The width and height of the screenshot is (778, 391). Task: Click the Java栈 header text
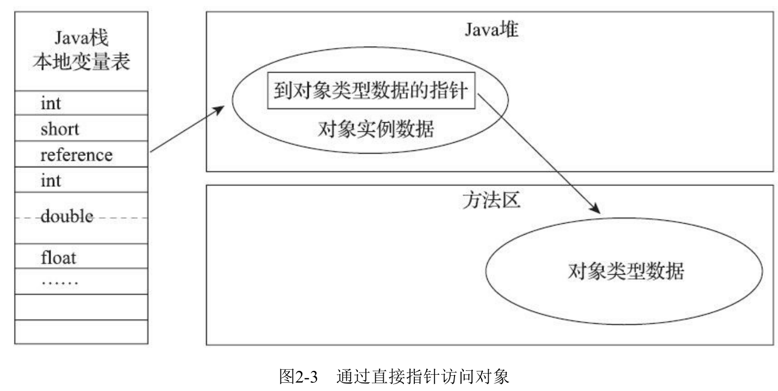point(82,39)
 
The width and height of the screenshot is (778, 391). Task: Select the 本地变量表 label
point(82,62)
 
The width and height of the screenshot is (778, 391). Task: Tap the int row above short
point(51,103)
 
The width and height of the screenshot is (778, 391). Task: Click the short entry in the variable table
point(59,129)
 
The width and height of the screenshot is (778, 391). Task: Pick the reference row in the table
point(76,155)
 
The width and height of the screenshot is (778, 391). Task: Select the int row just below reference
point(51,180)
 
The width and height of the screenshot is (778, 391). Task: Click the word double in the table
point(67,217)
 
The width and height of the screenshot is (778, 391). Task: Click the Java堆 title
point(491,30)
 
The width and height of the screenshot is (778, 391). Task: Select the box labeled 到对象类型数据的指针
point(371,91)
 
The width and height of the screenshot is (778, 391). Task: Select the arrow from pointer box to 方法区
point(538,152)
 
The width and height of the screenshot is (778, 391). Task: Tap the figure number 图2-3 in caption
point(298,376)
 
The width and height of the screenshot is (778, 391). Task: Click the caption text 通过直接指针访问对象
point(422,376)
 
